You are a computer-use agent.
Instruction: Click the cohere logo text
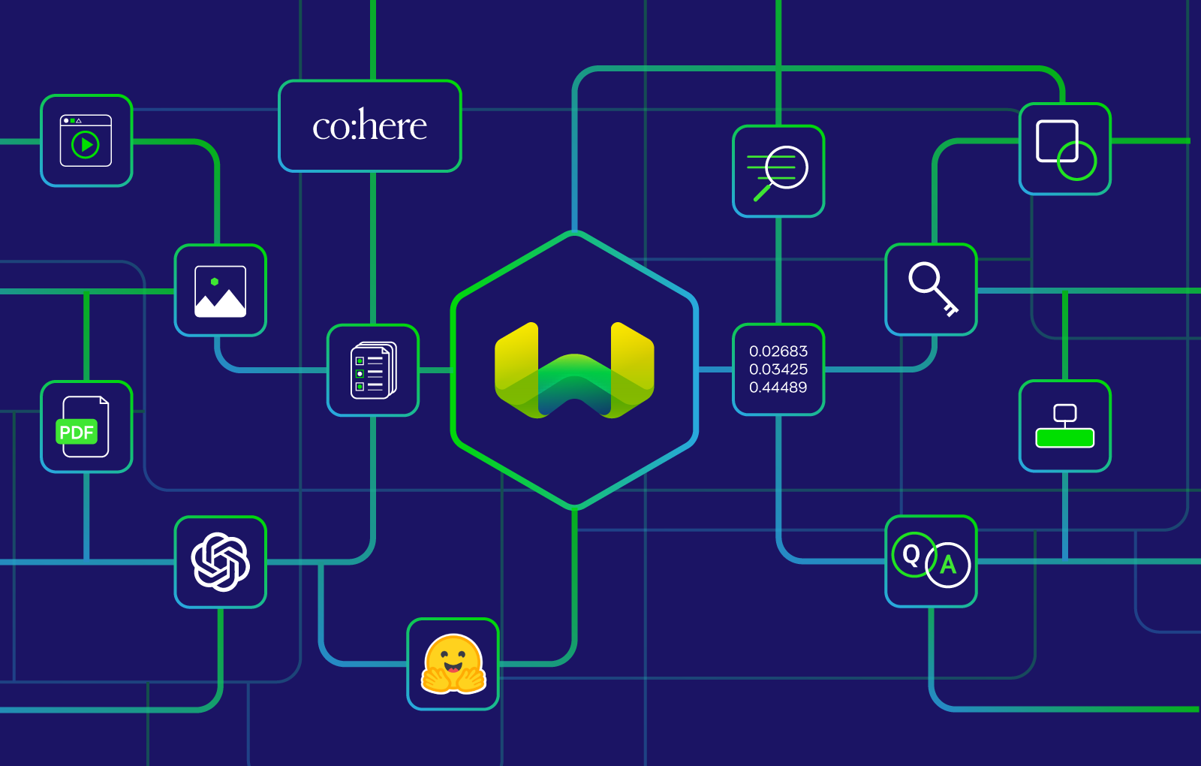pos(369,125)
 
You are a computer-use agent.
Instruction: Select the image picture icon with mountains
pos(220,291)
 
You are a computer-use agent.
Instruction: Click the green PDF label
pos(77,432)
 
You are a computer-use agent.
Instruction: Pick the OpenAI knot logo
pos(220,562)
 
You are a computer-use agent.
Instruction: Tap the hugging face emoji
pos(453,664)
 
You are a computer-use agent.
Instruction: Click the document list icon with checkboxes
pos(373,370)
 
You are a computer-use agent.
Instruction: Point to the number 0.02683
pos(778,351)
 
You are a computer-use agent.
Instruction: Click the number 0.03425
pos(778,369)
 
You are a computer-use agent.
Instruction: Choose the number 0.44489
pos(778,388)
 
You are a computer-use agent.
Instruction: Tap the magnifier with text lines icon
pos(778,171)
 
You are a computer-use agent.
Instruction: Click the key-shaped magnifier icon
pos(932,289)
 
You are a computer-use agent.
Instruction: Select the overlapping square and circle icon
pos(1065,149)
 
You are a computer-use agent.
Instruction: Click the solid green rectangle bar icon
pos(1064,437)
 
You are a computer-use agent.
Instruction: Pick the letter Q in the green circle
pos(912,554)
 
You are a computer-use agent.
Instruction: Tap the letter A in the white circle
pos(948,565)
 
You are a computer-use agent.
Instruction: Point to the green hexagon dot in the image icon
pos(215,282)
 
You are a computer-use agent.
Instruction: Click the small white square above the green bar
pos(1064,412)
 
